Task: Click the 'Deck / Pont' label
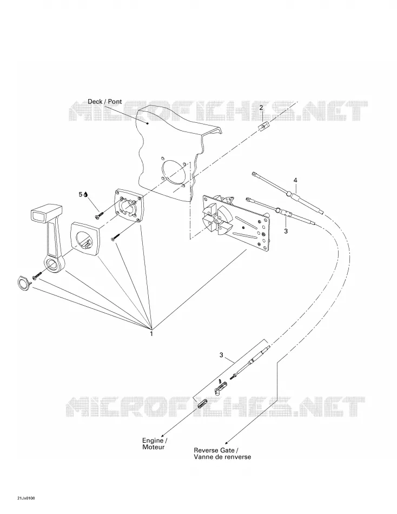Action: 104,102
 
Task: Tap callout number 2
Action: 261,108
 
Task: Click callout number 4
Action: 295,180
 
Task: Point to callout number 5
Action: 81,194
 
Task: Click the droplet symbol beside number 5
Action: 85,194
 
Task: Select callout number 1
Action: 151,334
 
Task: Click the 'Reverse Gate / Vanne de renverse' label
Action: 222,454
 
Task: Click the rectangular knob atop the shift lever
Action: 46,213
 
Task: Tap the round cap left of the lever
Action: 23,283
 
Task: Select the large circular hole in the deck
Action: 176,172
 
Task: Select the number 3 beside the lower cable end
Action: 221,355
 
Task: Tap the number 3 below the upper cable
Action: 286,231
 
